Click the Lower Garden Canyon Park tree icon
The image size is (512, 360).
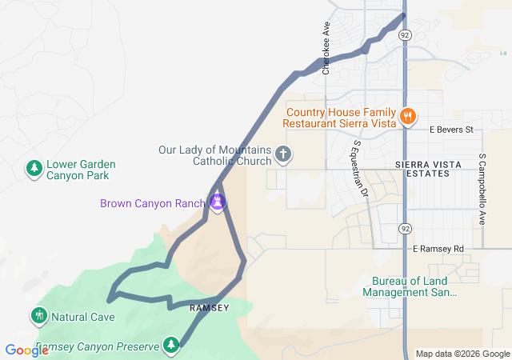click(34, 167)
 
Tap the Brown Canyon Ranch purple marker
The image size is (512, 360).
click(217, 203)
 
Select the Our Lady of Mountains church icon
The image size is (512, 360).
click(282, 153)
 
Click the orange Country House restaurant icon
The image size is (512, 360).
click(407, 117)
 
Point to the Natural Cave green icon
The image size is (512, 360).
click(38, 315)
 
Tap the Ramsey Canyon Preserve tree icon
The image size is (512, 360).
click(170, 345)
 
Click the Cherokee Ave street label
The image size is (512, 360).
click(326, 48)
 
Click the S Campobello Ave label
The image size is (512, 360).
click(482, 189)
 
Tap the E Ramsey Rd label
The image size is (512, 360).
click(438, 249)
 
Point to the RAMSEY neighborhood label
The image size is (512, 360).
click(209, 308)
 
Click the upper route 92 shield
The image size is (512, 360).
click(406, 36)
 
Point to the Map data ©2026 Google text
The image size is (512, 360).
click(462, 354)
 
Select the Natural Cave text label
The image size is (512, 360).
click(83, 316)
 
